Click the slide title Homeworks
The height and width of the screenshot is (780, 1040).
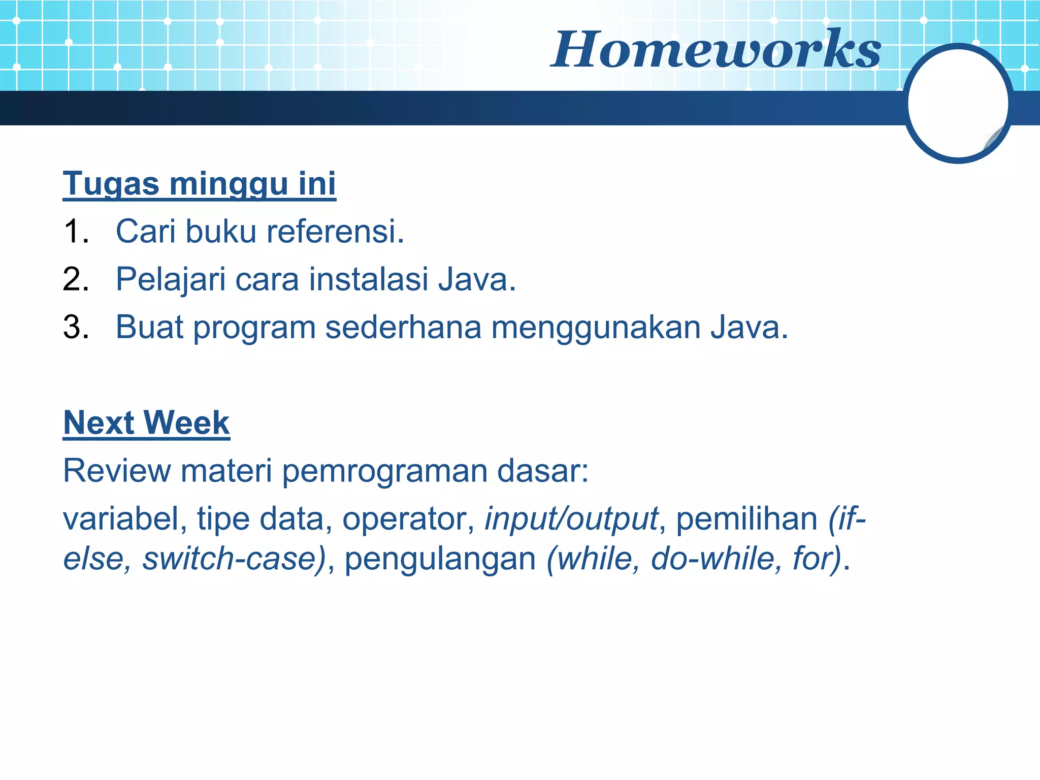point(716,50)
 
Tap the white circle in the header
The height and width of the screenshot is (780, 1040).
point(957,103)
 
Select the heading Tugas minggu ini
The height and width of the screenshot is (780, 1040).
point(199,183)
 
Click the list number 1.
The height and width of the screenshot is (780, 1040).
point(76,232)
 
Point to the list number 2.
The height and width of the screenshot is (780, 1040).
point(76,279)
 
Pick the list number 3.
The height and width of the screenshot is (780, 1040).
point(76,327)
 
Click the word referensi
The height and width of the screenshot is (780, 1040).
point(335,232)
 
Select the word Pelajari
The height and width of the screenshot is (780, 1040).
point(171,280)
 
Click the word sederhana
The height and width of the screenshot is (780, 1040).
point(403,327)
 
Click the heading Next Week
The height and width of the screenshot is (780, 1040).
point(146,422)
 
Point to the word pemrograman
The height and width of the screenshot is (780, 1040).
point(384,471)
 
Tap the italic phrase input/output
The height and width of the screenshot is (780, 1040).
point(571,519)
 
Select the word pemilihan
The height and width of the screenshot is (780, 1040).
point(746,519)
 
